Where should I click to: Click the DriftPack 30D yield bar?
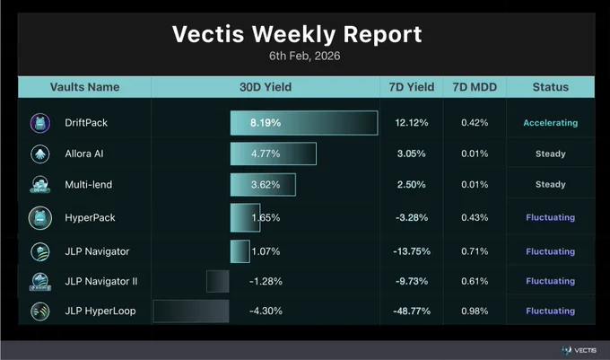coord(304,123)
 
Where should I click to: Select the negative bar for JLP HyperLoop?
coord(191,311)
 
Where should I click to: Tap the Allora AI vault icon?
coord(40,154)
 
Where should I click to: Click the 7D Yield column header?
coord(412,87)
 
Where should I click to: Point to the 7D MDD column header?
coord(475,87)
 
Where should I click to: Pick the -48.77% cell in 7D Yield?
coord(412,311)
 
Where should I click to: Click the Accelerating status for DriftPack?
coord(551,123)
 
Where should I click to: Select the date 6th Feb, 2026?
coord(305,56)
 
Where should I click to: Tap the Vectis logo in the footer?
coord(579,350)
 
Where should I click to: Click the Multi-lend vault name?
coord(88,184)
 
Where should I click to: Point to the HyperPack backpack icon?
coord(40,218)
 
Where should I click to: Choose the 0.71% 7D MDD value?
coord(475,251)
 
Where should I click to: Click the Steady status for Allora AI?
coord(551,154)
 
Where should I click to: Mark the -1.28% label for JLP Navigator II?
coord(266,281)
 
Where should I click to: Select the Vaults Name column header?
coord(85,87)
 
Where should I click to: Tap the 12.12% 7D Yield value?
coord(412,123)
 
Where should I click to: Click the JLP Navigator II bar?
coord(218,281)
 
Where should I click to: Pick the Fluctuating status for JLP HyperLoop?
coord(551,311)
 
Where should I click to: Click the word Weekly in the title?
coord(293,34)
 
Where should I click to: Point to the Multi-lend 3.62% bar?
coord(263,184)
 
